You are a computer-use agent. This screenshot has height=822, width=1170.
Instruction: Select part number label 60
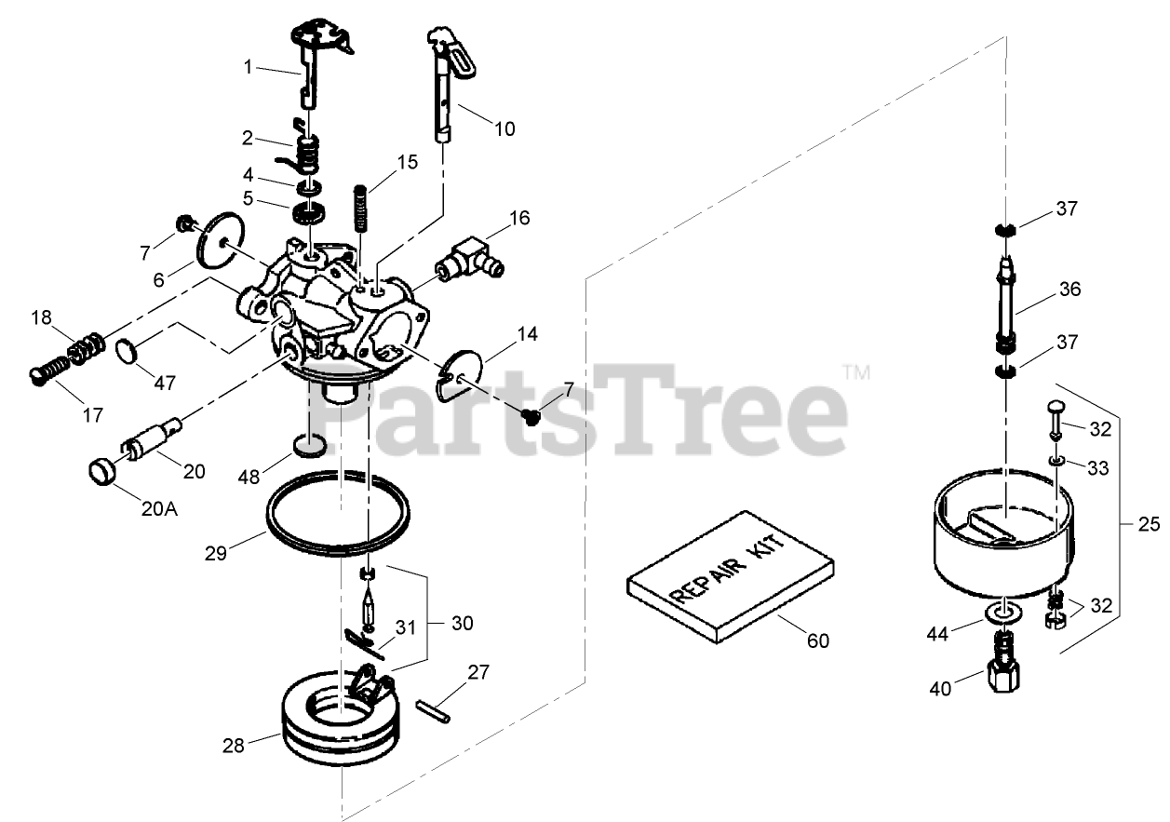point(819,641)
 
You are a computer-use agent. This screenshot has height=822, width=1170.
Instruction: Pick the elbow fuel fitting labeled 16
point(473,258)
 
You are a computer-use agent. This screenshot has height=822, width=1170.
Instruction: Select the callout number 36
point(1069,290)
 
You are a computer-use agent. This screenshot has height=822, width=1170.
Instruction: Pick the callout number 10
point(504,128)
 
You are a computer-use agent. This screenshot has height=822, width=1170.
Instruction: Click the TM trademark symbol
point(856,373)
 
